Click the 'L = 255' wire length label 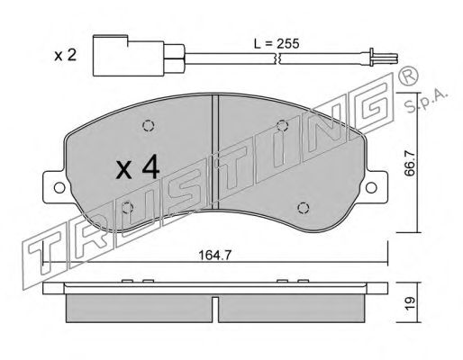[277, 44]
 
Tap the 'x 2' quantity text [66, 56]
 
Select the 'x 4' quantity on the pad [138, 169]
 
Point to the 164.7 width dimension [215, 256]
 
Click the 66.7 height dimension [410, 164]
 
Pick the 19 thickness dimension [410, 303]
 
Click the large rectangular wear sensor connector [129, 56]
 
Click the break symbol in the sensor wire [277, 58]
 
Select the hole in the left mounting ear [59, 188]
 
